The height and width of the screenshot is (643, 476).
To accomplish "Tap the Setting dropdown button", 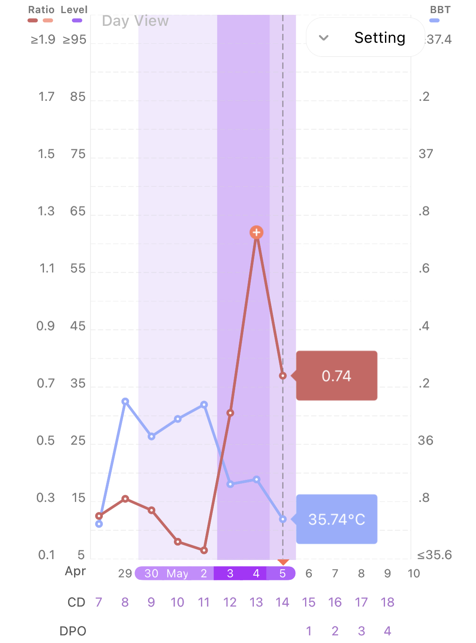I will click(x=365, y=37).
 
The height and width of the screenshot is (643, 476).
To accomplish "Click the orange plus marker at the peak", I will click(x=256, y=232).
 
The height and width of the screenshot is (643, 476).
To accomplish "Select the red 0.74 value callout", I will click(x=336, y=376).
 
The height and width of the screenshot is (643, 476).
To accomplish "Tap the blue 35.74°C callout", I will click(x=336, y=519).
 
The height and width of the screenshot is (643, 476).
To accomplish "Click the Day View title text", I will click(x=135, y=21).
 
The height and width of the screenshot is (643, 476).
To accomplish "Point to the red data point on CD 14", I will click(x=283, y=376).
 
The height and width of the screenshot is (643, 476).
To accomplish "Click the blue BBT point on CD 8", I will click(x=125, y=401).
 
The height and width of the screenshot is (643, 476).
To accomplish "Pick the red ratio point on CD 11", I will click(x=204, y=550).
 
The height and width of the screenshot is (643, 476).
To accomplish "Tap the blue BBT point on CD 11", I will click(x=204, y=405).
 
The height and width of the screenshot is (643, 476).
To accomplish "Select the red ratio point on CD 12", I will click(x=230, y=413).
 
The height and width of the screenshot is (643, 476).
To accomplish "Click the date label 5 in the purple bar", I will click(x=283, y=574).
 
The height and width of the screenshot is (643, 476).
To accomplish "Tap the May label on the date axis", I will click(x=177, y=574).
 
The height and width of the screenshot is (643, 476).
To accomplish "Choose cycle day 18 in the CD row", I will click(x=388, y=602).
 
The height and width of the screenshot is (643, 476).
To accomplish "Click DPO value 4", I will click(x=388, y=631).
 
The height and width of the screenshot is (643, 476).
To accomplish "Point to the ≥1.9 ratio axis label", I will click(x=43, y=40).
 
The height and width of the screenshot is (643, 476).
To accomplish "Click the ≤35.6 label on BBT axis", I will click(x=435, y=555).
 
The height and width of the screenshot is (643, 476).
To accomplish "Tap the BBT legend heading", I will click(x=440, y=10).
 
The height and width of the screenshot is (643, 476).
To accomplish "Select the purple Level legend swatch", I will click(x=77, y=20).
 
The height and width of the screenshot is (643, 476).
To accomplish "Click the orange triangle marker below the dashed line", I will click(x=283, y=562).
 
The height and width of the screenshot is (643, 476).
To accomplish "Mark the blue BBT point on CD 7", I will click(x=99, y=524).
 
